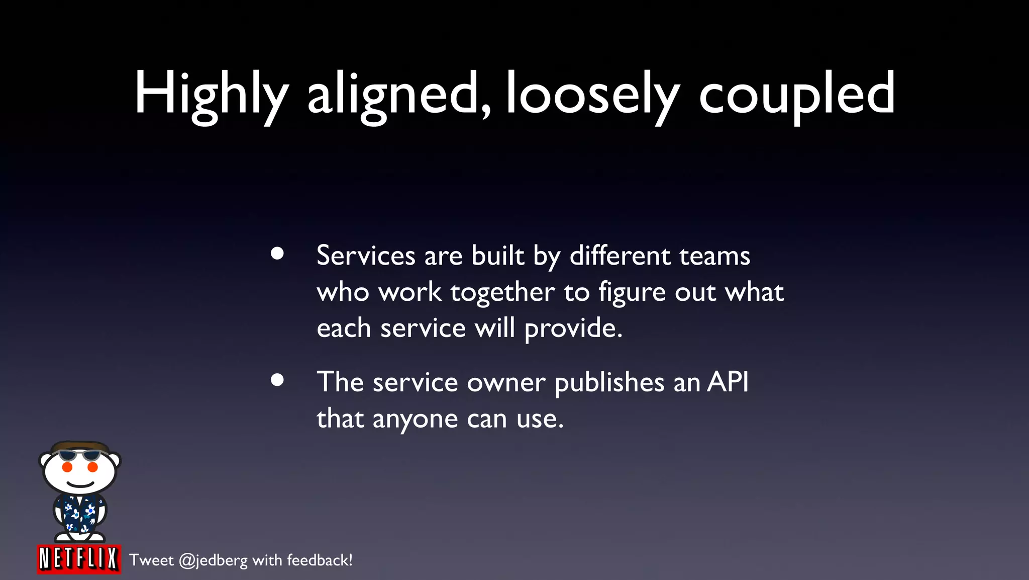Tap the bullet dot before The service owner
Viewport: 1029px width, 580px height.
coord(277,380)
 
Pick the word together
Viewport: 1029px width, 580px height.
coord(502,292)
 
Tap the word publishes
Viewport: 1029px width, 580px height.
coord(609,383)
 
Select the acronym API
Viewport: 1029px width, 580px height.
coord(728,382)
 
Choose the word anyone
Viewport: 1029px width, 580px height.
coord(415,420)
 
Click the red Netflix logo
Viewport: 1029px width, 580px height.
coord(79,559)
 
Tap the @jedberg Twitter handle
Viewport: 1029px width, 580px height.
coord(213,560)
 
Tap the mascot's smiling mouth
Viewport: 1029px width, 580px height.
coord(80,484)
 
